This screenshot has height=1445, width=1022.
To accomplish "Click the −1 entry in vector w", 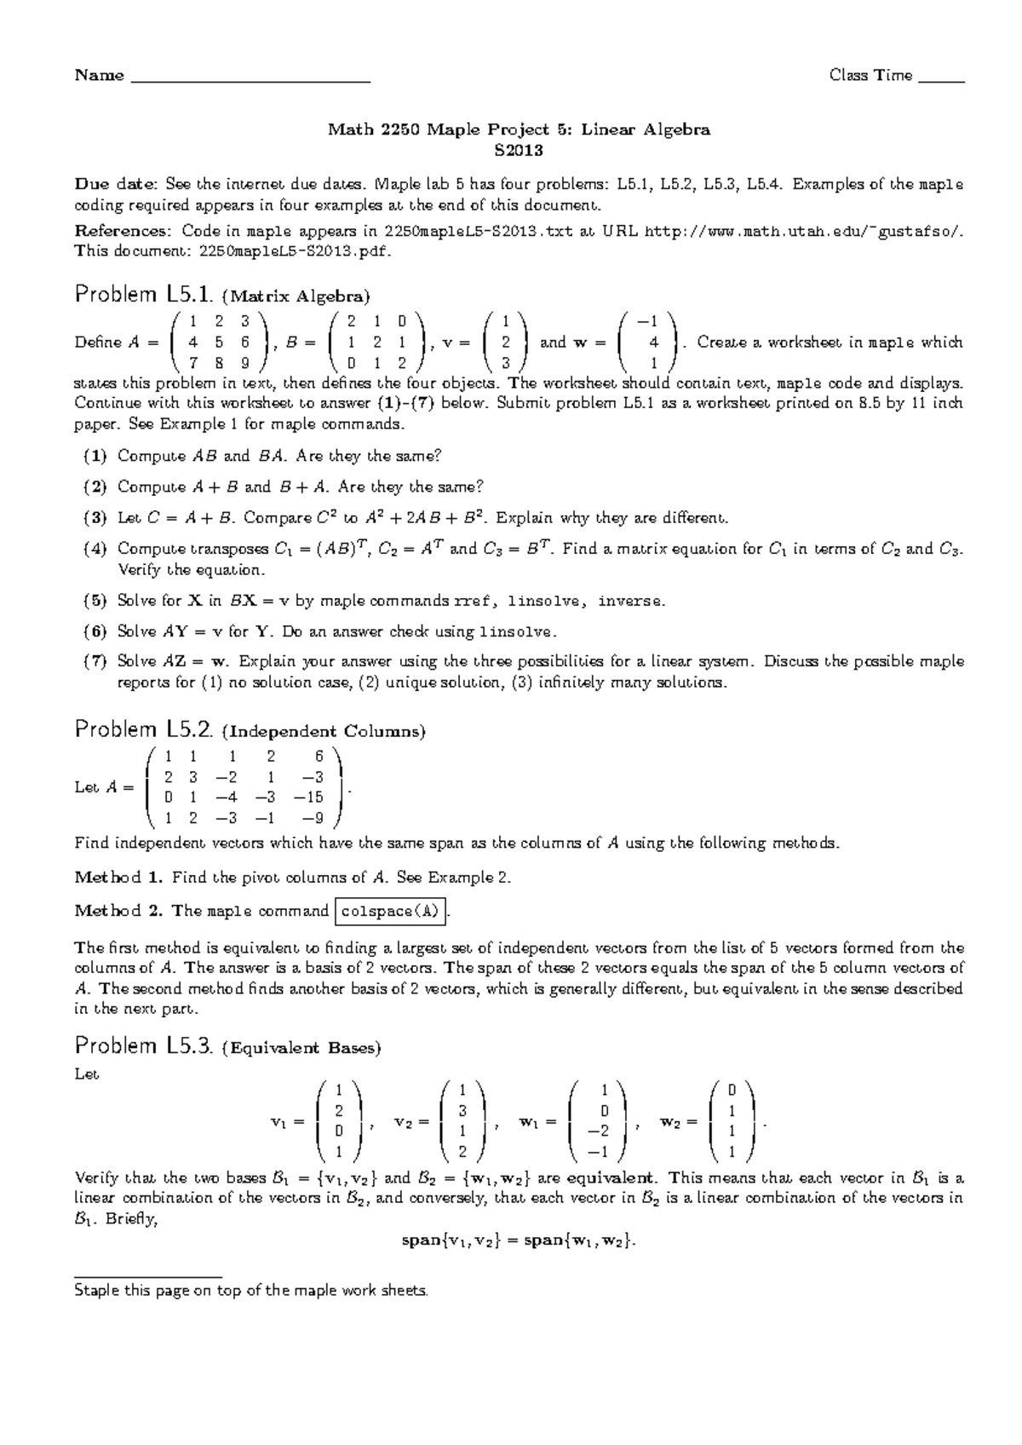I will pyautogui.click(x=651, y=321).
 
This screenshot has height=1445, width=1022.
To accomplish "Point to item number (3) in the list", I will pyautogui.click(x=95, y=518).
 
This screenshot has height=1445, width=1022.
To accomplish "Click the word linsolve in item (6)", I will pyautogui.click(x=518, y=632).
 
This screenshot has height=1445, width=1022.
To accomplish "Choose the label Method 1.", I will pyautogui.click(x=118, y=878).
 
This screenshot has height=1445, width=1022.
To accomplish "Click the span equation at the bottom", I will pyautogui.click(x=519, y=1241).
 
